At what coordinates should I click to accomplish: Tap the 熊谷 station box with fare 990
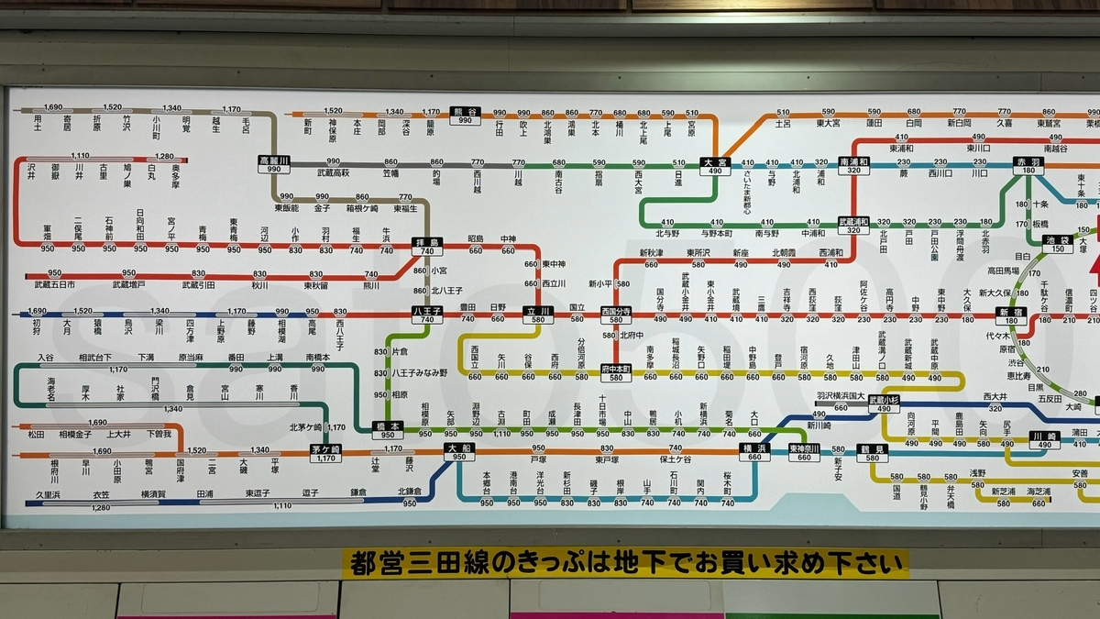466,116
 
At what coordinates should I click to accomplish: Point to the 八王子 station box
427,315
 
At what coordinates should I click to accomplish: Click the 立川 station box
538,315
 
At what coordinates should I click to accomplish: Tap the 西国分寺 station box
617,315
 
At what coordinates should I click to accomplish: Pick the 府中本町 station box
617,372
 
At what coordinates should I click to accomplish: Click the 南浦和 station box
854,165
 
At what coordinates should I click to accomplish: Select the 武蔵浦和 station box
854,226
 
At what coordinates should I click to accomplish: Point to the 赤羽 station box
1028,165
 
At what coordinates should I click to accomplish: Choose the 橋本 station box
388,429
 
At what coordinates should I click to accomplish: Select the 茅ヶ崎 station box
324,452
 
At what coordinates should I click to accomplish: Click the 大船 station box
457,451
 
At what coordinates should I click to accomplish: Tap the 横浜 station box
753,451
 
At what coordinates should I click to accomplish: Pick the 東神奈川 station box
804,451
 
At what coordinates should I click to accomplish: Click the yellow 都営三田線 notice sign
625,564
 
